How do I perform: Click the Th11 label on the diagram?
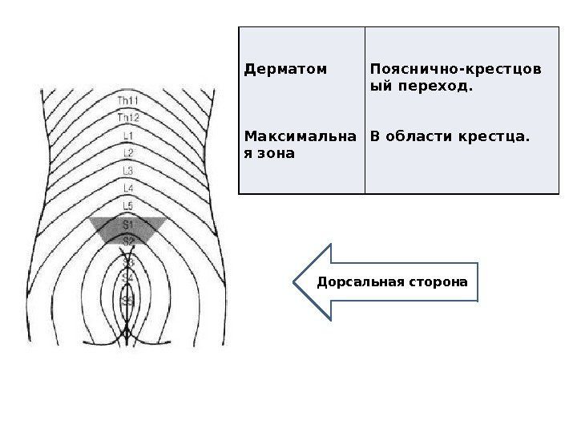(x=128, y=100)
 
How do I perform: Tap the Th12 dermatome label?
(x=128, y=118)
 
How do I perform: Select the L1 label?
(x=128, y=136)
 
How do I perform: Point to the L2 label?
(x=128, y=152)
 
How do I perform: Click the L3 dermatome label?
(x=128, y=170)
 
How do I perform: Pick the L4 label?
(x=128, y=188)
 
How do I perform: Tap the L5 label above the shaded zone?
(x=128, y=206)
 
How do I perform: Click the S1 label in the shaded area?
(x=128, y=225)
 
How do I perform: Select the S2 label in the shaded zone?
(x=128, y=240)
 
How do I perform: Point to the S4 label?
(x=127, y=277)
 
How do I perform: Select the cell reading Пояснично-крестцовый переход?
(x=454, y=76)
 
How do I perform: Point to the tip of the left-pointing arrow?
(x=294, y=282)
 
